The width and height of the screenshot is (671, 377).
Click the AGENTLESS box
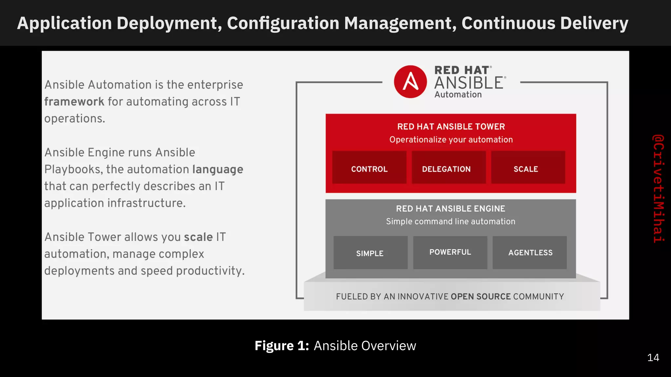530,253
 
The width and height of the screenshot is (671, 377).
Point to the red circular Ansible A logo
410,82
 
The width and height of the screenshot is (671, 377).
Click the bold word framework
74,102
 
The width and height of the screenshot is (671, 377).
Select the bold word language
218,170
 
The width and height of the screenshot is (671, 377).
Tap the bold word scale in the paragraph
198,237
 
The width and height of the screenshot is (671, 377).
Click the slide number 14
653,358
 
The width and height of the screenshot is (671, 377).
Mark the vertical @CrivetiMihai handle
658,188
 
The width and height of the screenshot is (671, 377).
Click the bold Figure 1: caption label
282,346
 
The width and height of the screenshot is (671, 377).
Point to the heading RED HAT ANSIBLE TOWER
451,127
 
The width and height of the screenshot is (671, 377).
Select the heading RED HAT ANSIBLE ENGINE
451,209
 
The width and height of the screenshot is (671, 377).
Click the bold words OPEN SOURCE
481,296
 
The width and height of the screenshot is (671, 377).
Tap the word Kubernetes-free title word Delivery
594,23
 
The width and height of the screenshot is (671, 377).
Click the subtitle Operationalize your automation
451,140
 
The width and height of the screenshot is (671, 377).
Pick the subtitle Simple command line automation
451,222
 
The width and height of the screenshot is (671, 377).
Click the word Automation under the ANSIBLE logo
458,95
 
